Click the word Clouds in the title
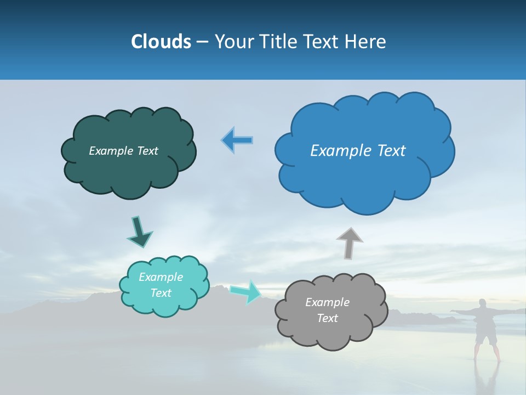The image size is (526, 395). click(161, 42)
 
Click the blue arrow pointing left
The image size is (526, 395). click(237, 140)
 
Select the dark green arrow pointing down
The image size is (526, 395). click(139, 231)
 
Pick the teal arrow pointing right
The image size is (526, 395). click(245, 291)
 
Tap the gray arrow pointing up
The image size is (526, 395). click(349, 243)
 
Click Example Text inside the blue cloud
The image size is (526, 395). click(358, 151)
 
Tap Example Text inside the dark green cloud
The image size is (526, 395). click(123, 151)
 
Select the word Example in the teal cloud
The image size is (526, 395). click(161, 277)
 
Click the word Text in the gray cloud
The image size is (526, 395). click(327, 318)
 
